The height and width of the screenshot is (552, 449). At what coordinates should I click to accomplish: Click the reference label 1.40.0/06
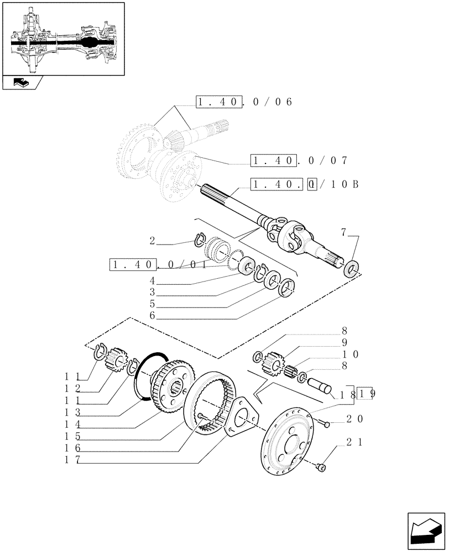click(243, 102)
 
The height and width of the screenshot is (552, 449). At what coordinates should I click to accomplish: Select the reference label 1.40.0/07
click(298, 161)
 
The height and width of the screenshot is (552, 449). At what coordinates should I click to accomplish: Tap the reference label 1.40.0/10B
click(304, 184)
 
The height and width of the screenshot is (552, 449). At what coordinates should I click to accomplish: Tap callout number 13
click(73, 412)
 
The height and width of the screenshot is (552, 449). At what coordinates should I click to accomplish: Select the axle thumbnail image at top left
click(63, 39)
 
